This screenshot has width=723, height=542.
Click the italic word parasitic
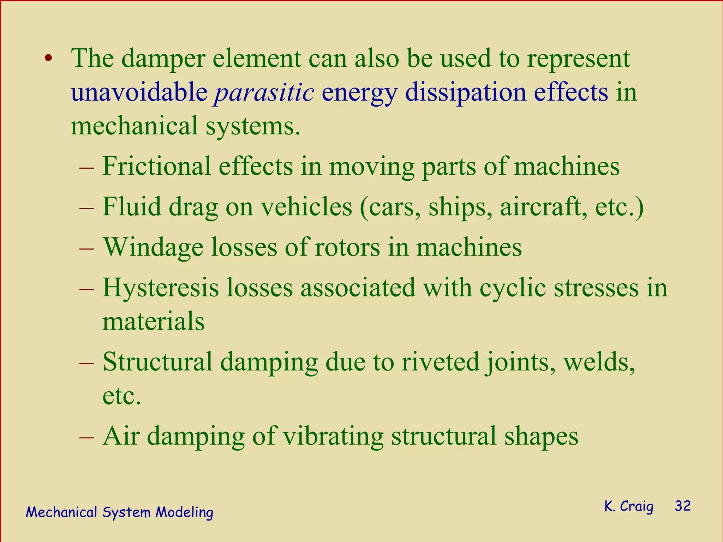point(264,92)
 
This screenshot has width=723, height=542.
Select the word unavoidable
point(139,92)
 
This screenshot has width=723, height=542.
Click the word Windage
point(153,247)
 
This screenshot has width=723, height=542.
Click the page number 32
point(682,506)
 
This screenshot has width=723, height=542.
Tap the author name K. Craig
point(629,506)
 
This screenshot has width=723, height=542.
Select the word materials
point(154,321)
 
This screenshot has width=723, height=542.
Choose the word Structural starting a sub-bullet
point(158,362)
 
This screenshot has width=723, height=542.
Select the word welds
point(599,362)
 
